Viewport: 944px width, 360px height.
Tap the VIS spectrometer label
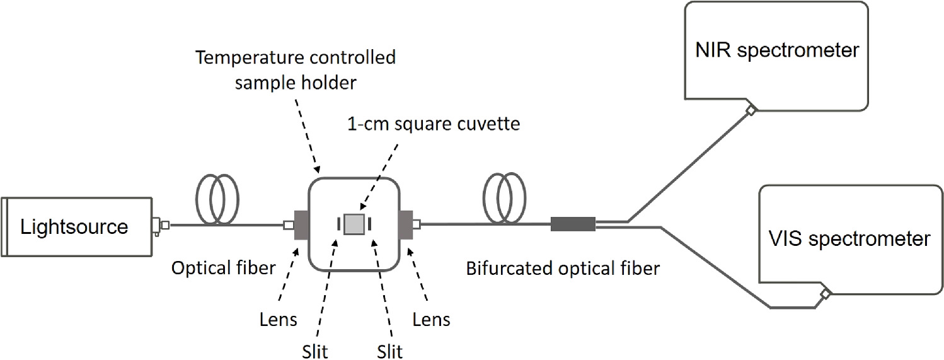click(x=849, y=238)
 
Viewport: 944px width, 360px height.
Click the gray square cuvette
click(x=355, y=224)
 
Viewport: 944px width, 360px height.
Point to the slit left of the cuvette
click(x=339, y=224)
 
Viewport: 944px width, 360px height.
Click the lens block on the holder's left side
click(x=301, y=225)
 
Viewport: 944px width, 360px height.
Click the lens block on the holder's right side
click(x=405, y=224)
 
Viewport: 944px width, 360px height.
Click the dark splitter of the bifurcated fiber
click(x=573, y=224)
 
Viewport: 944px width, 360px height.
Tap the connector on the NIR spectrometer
click(x=751, y=110)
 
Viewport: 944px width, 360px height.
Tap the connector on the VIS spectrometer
click(x=824, y=294)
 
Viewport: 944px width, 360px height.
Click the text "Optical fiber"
click(x=224, y=269)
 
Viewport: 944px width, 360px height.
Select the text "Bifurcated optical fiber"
click(x=563, y=269)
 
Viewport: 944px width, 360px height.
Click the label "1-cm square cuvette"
click(x=434, y=124)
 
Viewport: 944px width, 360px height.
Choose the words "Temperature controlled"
click(x=296, y=58)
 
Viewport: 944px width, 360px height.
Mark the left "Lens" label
click(x=278, y=320)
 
